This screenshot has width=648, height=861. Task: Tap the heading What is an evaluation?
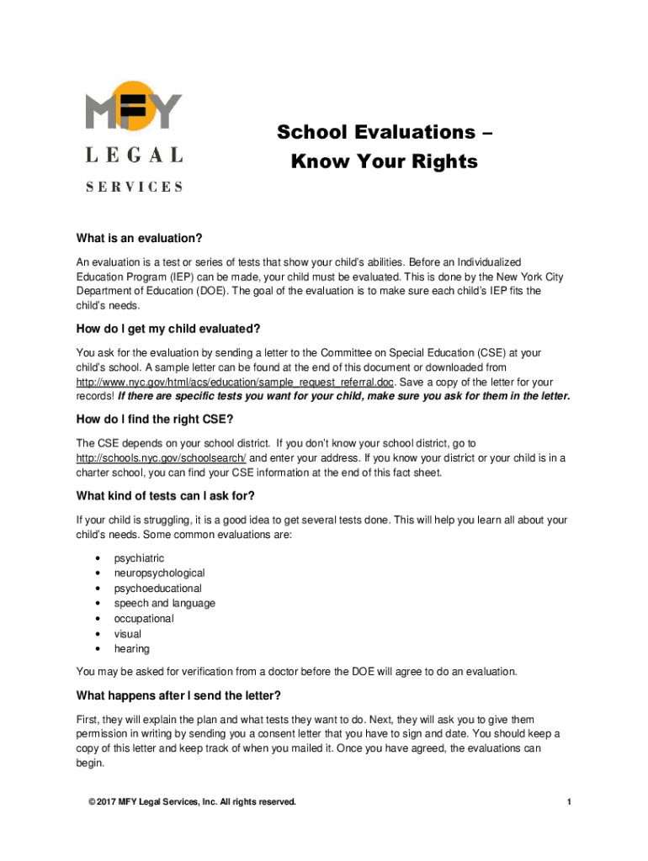coord(139,238)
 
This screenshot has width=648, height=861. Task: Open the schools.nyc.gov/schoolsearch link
coord(162,457)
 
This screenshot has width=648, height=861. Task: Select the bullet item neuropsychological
coord(159,573)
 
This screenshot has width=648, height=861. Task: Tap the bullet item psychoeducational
coord(157,589)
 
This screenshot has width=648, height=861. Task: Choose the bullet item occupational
coord(144,619)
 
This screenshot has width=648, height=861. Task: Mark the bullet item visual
coord(128,634)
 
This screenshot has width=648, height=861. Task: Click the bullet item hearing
coord(132,649)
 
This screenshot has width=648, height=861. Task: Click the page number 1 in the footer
coord(569,802)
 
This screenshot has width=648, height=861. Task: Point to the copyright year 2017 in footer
coord(106,802)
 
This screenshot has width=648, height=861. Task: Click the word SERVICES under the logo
coord(135,187)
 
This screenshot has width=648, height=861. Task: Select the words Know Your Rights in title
coord(384,161)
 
